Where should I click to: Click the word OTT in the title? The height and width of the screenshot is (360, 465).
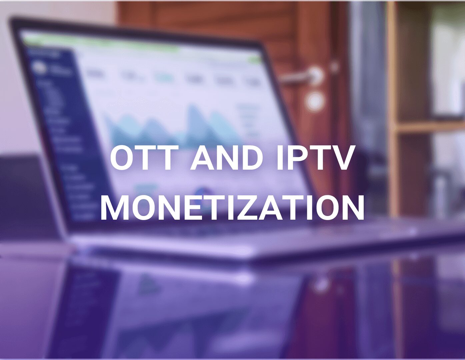coord(144,157)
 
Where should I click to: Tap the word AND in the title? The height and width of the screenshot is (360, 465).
coord(227,157)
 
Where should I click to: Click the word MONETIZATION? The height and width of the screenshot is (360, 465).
coord(232,207)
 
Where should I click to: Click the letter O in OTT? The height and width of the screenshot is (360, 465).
coord(123,157)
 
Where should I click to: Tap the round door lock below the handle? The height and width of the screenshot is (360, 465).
coord(314,101)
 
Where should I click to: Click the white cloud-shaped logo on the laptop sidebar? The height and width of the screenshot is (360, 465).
coord(39,67)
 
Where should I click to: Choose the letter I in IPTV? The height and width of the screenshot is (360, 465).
coord(280,157)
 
